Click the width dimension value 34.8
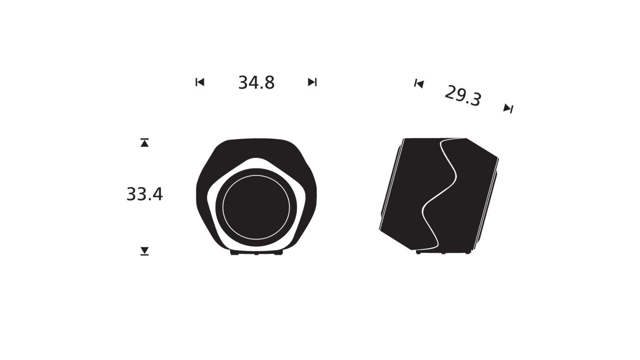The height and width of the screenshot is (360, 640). [257, 83]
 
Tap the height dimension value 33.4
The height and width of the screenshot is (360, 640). [145, 194]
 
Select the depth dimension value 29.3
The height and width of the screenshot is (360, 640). [463, 96]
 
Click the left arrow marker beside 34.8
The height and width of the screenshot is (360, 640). [200, 82]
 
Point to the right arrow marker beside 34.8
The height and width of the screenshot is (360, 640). [313, 82]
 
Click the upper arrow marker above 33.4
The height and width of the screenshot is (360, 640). [145, 142]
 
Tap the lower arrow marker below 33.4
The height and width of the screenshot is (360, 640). [145, 251]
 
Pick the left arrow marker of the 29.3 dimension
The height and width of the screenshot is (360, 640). [419, 84]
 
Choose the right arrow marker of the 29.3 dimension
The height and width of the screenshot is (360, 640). [508, 108]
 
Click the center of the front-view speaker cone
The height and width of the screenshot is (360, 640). [256, 207]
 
